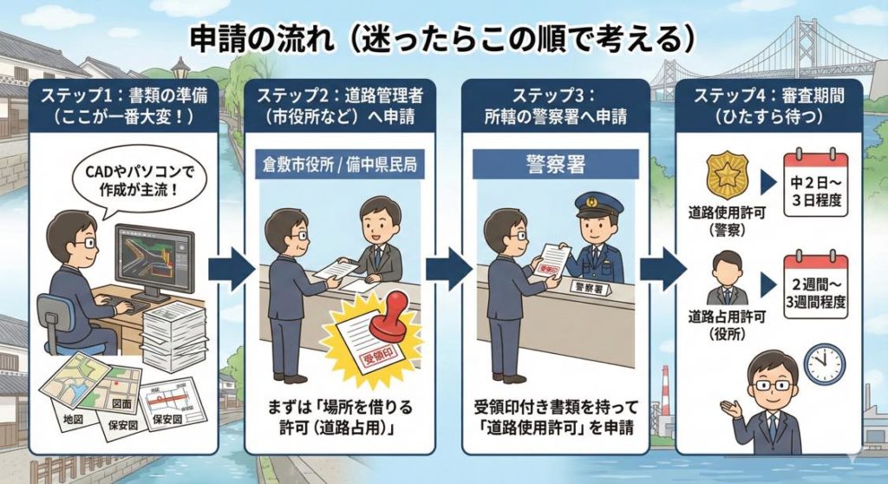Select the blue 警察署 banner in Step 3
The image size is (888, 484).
(555, 163)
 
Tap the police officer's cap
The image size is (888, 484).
(599, 206)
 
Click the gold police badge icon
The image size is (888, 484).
(723, 176)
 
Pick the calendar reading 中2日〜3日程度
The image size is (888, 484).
(815, 184)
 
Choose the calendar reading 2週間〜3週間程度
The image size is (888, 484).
(815, 286)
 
